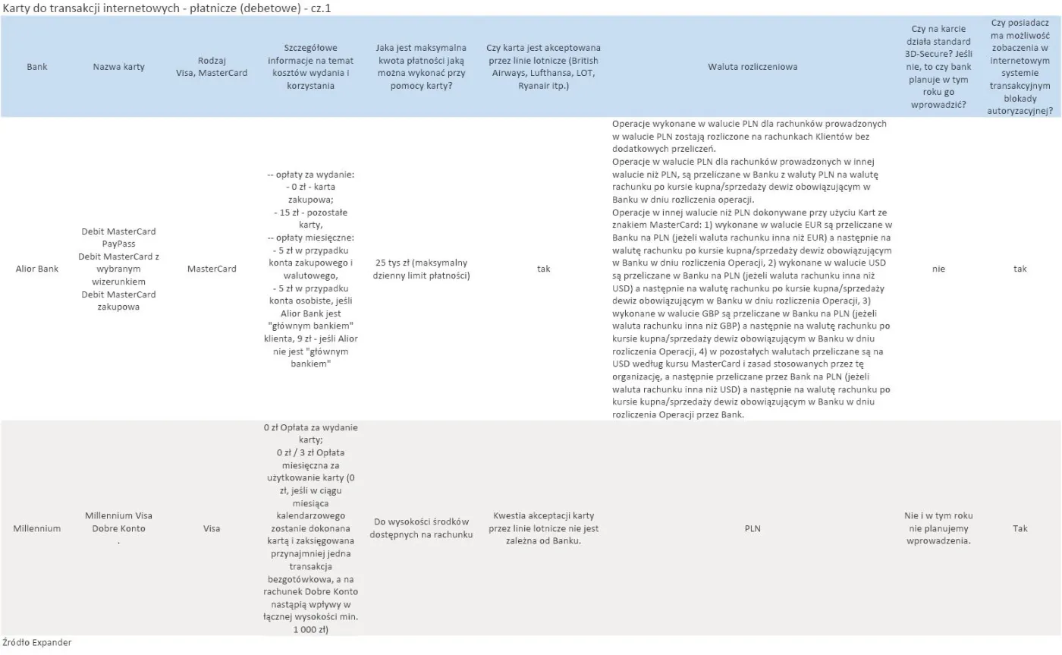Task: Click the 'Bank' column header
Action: tap(36, 67)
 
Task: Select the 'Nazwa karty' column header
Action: tap(118, 67)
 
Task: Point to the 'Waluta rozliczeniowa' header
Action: tap(753, 67)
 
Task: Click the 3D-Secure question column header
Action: tap(939, 67)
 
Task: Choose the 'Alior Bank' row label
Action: tap(36, 269)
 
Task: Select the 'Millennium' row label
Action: tap(36, 528)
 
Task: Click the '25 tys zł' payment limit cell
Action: tap(421, 269)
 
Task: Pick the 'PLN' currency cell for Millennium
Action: tap(753, 528)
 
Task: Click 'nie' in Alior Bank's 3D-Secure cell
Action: tap(939, 269)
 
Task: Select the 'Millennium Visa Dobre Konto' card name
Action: tap(118, 522)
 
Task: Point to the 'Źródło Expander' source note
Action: tap(36, 643)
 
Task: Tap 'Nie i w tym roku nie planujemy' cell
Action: tap(939, 528)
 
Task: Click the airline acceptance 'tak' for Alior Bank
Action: tap(543, 269)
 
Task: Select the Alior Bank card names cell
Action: tap(118, 269)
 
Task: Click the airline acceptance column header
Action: tap(543, 67)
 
